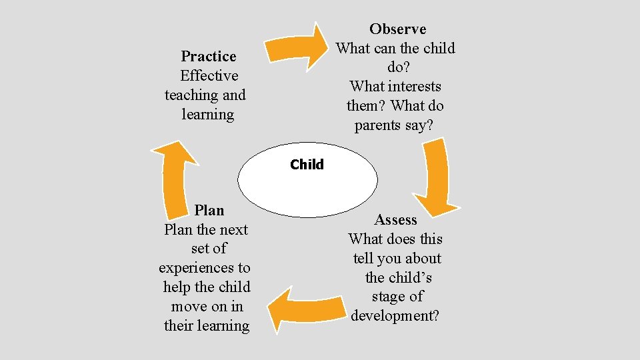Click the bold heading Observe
(397, 29)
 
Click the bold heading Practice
(208, 57)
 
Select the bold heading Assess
(395, 220)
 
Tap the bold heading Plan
(209, 211)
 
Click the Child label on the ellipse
(307, 165)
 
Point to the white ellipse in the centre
(307, 187)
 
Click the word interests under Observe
(413, 87)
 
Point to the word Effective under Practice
(209, 76)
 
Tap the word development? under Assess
(395, 316)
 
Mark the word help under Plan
(176, 287)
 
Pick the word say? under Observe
(418, 125)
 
